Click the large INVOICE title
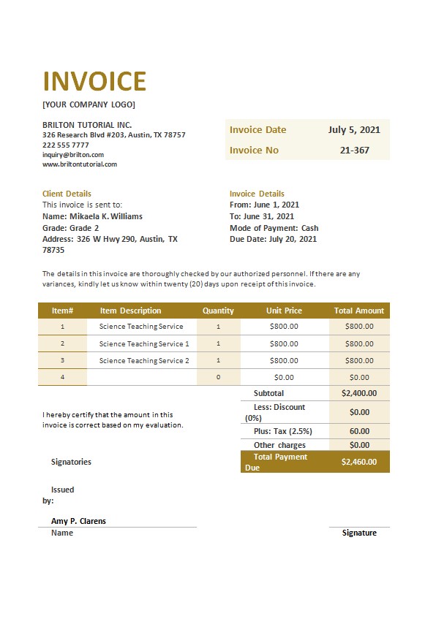(94, 81)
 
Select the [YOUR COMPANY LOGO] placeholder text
(89, 104)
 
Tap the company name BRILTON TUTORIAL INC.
(87, 125)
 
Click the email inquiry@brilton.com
(73, 155)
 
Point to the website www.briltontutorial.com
(80, 164)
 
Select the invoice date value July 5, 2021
(354, 130)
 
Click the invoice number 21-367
(355, 151)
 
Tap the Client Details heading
(67, 194)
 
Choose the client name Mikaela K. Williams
(105, 216)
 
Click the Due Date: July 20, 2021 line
(274, 239)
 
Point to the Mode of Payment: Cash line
(274, 228)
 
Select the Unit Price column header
(284, 311)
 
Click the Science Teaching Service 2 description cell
(144, 361)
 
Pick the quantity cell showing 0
(218, 378)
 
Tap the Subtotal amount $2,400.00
(359, 393)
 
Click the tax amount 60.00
(359, 431)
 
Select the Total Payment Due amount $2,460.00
(359, 462)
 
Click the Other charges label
(279, 445)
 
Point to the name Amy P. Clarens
(78, 521)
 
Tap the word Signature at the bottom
(359, 533)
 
